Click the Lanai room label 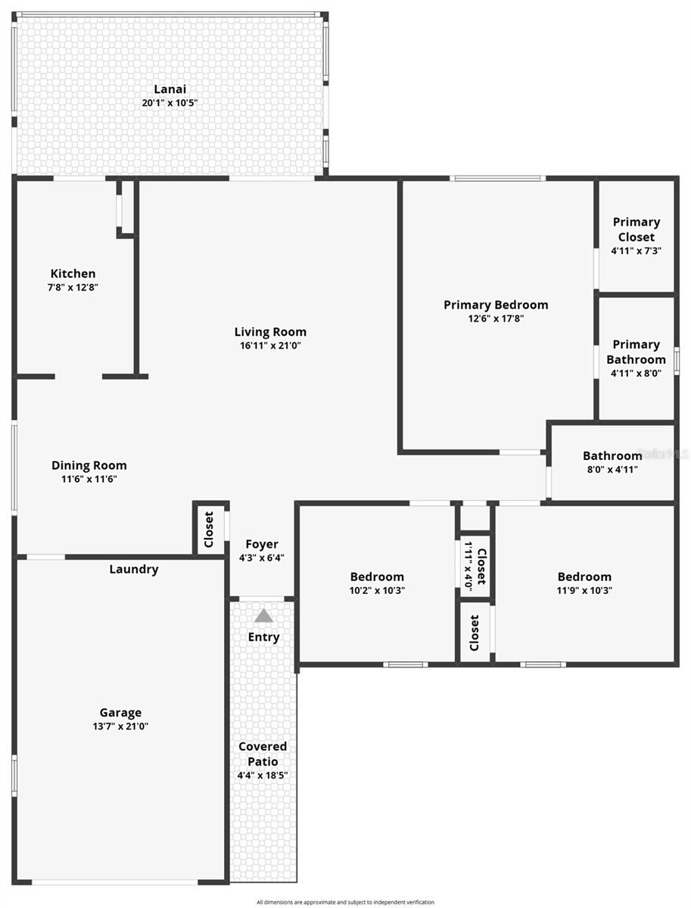[x=170, y=89]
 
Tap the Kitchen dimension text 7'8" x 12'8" [x=73, y=288]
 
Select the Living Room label [x=270, y=331]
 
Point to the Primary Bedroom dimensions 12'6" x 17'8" [x=496, y=319]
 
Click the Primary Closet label [x=636, y=229]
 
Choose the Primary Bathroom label [x=636, y=352]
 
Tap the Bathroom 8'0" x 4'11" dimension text [x=612, y=469]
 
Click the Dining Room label [x=89, y=465]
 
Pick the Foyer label [x=262, y=544]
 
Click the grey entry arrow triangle [x=263, y=616]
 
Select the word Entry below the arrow [x=263, y=637]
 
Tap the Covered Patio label [x=263, y=754]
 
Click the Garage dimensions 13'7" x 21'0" [x=121, y=726]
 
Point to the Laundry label [x=134, y=569]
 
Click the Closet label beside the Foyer [x=209, y=530]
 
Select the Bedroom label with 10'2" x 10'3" [x=377, y=577]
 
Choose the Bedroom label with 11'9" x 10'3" [x=584, y=577]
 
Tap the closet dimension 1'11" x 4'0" [x=468, y=565]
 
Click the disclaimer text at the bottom [x=345, y=902]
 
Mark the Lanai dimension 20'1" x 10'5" [x=170, y=103]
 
